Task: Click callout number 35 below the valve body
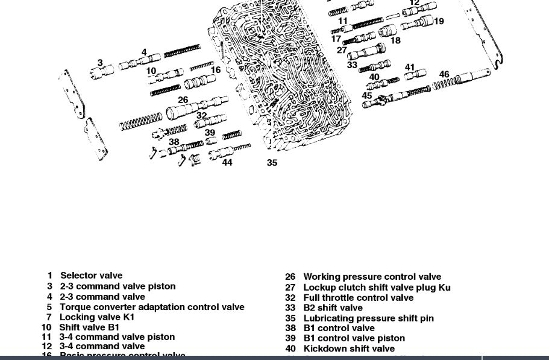pyautogui.click(x=272, y=163)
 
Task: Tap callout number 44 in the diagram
pyautogui.click(x=227, y=163)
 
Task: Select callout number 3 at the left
pyautogui.click(x=100, y=63)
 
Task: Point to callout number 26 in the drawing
pyautogui.click(x=183, y=100)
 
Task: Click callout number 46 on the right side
pyautogui.click(x=444, y=75)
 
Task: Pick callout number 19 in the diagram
pyautogui.click(x=439, y=21)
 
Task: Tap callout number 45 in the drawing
pyautogui.click(x=367, y=96)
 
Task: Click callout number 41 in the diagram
pyautogui.click(x=410, y=68)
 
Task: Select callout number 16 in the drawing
pyautogui.click(x=215, y=70)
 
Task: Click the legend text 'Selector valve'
pyautogui.click(x=91, y=276)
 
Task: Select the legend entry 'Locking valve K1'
pyautogui.click(x=97, y=317)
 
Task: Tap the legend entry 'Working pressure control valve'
pyautogui.click(x=372, y=277)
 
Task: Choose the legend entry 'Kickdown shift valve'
pyautogui.click(x=349, y=349)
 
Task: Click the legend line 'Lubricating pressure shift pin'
pyautogui.click(x=368, y=318)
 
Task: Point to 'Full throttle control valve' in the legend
pyautogui.click(x=358, y=297)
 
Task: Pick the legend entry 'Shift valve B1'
pyautogui.click(x=89, y=327)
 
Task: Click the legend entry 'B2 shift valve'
pyautogui.click(x=333, y=308)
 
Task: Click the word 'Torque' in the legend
pyautogui.click(x=74, y=306)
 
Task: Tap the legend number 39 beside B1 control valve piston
pyautogui.click(x=290, y=338)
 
